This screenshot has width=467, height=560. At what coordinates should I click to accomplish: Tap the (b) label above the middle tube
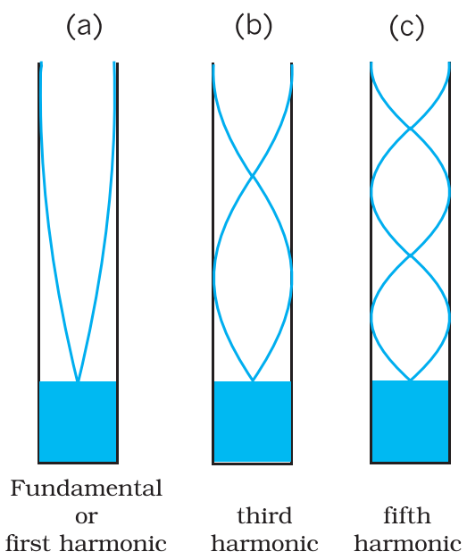coord(254,27)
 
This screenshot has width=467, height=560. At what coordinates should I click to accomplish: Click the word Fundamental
coord(87,489)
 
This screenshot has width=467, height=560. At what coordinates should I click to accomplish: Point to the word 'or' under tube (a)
coord(87,517)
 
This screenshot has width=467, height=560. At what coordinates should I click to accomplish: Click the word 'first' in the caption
coord(28,543)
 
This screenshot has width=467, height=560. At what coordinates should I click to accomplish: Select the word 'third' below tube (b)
coord(264,515)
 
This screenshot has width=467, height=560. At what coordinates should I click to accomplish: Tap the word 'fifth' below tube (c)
coord(407,515)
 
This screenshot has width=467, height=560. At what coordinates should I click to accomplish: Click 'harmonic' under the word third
coord(264,544)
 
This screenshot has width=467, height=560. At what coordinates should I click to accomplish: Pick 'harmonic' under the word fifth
coord(407,544)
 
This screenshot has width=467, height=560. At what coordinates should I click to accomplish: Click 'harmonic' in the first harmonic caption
coord(113,544)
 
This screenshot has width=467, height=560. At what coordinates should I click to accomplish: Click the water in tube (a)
coord(78,422)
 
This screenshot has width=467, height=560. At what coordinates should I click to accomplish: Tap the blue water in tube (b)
coord(253,422)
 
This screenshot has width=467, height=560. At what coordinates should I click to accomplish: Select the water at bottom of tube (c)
coord(410,421)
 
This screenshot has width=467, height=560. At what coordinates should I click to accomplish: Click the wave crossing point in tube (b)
coord(253,175)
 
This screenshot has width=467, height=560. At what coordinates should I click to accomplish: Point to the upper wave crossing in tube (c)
coord(411,128)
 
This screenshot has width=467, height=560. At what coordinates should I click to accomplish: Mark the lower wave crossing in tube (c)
coord(411,255)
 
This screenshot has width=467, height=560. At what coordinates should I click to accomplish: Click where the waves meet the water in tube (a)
coord(78,380)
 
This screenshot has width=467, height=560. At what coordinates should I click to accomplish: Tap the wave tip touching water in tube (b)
coord(253,380)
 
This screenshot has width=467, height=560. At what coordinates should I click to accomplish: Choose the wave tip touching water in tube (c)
coord(411,380)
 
